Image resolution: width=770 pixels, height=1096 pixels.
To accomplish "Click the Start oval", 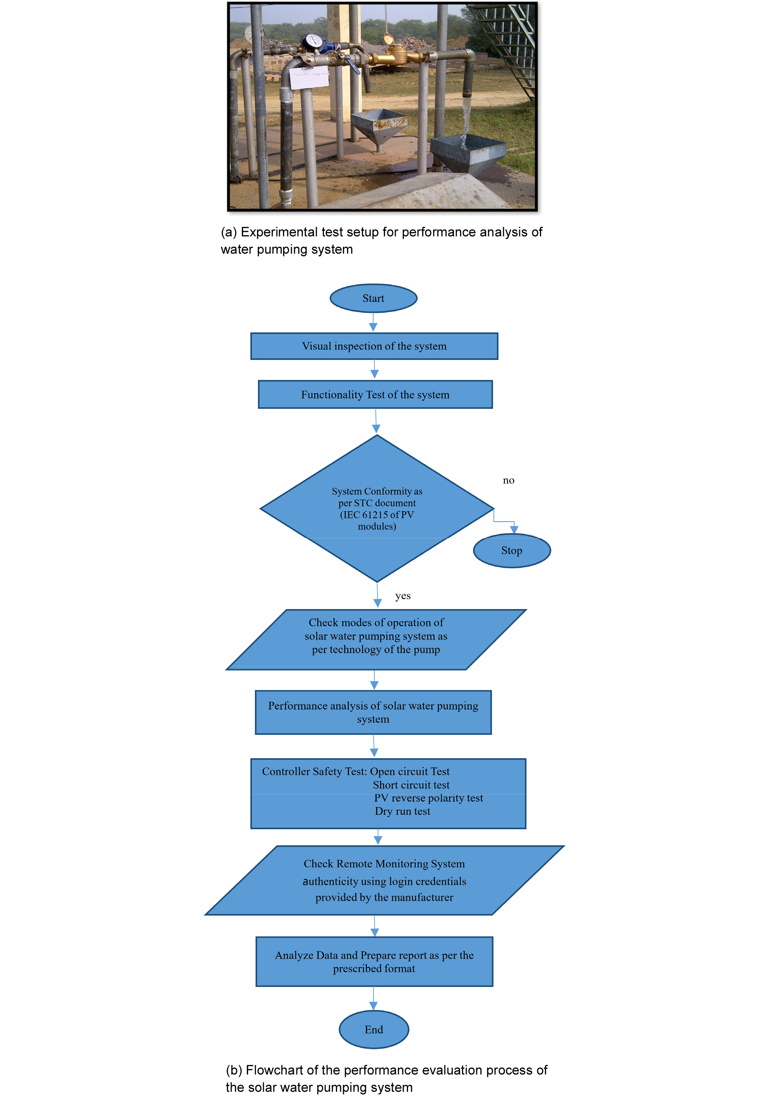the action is [x=373, y=298].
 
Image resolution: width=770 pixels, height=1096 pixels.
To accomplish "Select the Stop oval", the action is [x=512, y=550].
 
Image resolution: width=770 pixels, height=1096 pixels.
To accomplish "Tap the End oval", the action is [x=373, y=1030].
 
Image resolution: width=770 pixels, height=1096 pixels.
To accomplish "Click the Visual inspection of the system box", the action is [x=374, y=346].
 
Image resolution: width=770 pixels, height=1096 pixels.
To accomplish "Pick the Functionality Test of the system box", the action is [x=375, y=394].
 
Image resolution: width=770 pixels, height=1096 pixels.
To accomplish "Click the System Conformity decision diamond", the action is [x=377, y=508].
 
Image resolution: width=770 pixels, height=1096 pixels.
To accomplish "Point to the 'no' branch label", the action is [x=508, y=480].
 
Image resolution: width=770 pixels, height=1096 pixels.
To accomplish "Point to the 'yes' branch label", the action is [x=403, y=596].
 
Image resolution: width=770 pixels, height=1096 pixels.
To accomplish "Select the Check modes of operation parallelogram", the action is [x=376, y=640].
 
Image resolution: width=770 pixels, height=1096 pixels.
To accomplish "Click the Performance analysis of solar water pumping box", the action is [x=373, y=712].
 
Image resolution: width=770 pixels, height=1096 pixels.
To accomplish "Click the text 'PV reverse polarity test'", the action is [x=428, y=798].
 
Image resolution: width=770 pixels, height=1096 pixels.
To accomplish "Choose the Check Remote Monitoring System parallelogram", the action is [x=384, y=880].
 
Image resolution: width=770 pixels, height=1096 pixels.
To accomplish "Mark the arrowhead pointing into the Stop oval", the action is [x=514, y=529].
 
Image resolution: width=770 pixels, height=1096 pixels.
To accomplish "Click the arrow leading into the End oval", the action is [x=373, y=998].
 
